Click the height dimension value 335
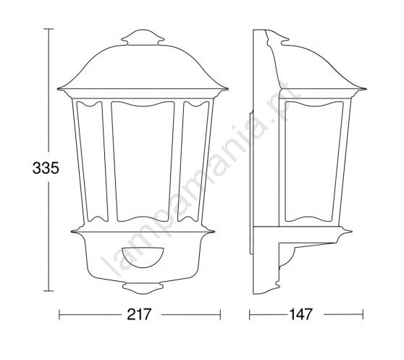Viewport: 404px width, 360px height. (46, 168)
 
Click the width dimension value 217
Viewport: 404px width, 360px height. (139, 314)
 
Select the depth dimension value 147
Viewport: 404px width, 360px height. (301, 314)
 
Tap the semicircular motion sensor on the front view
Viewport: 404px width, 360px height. (143, 257)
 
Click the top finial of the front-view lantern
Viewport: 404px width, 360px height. (143, 38)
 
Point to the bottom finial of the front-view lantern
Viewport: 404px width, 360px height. (143, 288)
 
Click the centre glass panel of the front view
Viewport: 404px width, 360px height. (143, 162)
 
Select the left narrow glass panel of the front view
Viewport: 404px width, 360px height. (92, 162)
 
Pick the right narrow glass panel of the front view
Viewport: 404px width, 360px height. (194, 162)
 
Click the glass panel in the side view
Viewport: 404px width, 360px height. (314, 162)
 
